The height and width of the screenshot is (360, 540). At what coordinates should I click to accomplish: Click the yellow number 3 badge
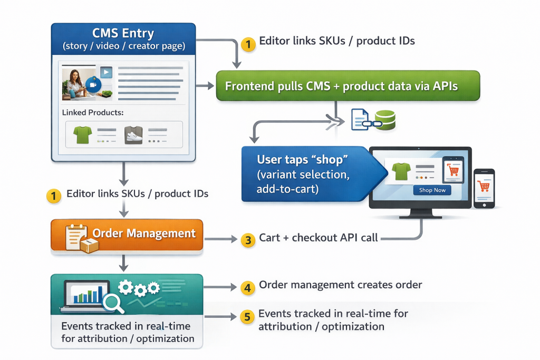tap(248, 240)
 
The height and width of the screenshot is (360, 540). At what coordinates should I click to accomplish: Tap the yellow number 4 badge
tap(248, 287)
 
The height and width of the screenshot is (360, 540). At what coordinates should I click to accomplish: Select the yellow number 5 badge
tap(248, 317)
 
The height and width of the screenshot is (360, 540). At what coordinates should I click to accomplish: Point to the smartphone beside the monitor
tap(484, 188)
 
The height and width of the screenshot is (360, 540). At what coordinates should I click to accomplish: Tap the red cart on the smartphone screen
tap(484, 186)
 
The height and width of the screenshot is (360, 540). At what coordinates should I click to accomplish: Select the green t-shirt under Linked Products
tap(83, 135)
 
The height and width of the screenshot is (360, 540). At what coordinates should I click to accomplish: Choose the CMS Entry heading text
tap(123, 33)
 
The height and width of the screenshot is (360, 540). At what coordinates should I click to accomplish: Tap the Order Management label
tap(143, 233)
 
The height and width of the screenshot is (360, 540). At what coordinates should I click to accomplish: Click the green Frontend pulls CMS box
tap(348, 85)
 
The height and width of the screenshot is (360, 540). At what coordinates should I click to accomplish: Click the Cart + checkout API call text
tap(319, 238)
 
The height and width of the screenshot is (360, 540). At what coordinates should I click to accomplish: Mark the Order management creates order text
tap(340, 285)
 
